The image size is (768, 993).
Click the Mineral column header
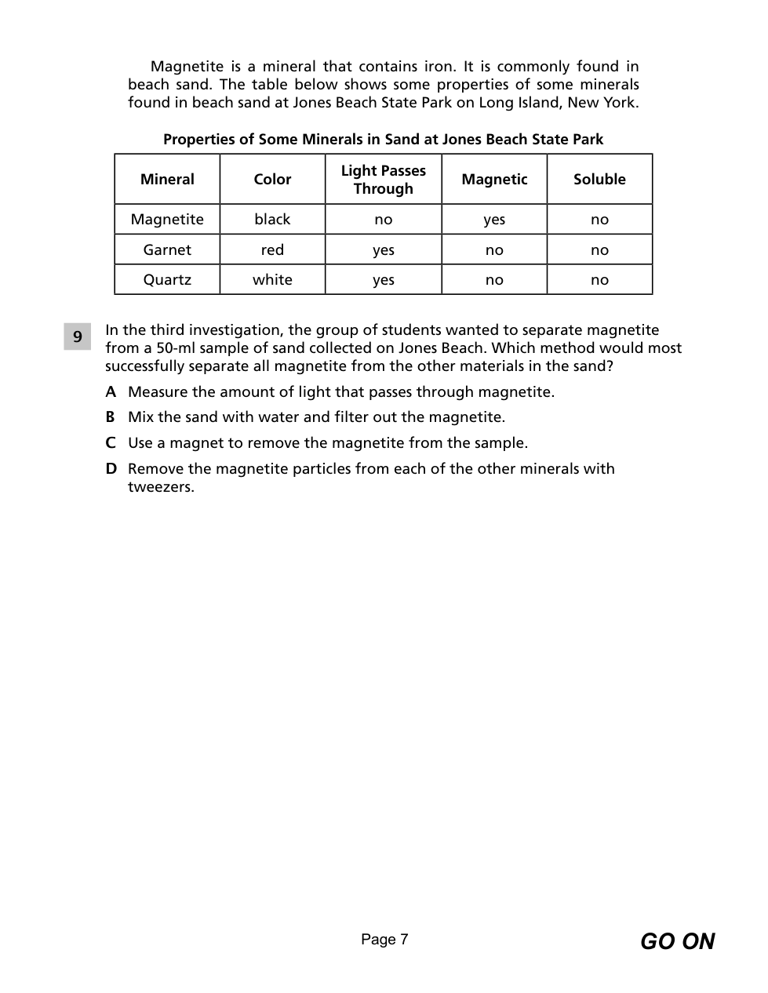pos(167,180)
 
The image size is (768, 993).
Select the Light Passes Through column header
pos(383,180)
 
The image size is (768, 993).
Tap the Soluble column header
pos(599,180)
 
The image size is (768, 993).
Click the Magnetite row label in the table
pos(167,220)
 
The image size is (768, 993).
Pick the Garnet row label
pos(167,250)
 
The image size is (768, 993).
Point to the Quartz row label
pos(167,280)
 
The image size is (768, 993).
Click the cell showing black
pos(272,220)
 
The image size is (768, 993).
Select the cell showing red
pos(272,250)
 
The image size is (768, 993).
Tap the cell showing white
pos(272,280)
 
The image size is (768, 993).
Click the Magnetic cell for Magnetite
pos(494,220)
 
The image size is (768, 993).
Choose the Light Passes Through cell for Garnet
pos(383,250)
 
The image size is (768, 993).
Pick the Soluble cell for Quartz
pos(599,280)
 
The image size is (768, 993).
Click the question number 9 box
pos(78,336)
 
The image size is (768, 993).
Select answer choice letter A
pos(111,392)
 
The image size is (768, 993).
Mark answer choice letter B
pos(111,417)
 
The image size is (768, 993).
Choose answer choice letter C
pos(111,443)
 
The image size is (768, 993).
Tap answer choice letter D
pos(111,469)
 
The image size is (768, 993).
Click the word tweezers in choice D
pos(161,487)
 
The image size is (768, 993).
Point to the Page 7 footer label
pos(384,940)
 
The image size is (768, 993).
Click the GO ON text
pos(677,941)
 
